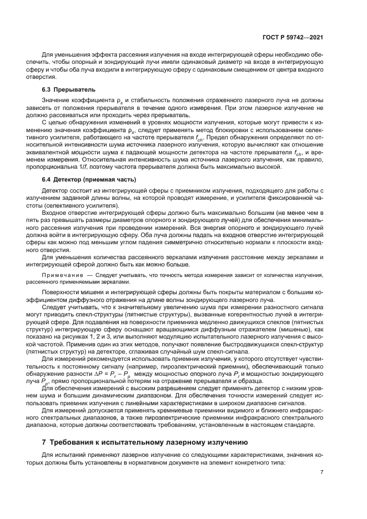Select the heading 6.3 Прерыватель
tap(69, 89)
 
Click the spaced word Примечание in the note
tap(61, 275)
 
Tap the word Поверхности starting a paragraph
tap(62, 291)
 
